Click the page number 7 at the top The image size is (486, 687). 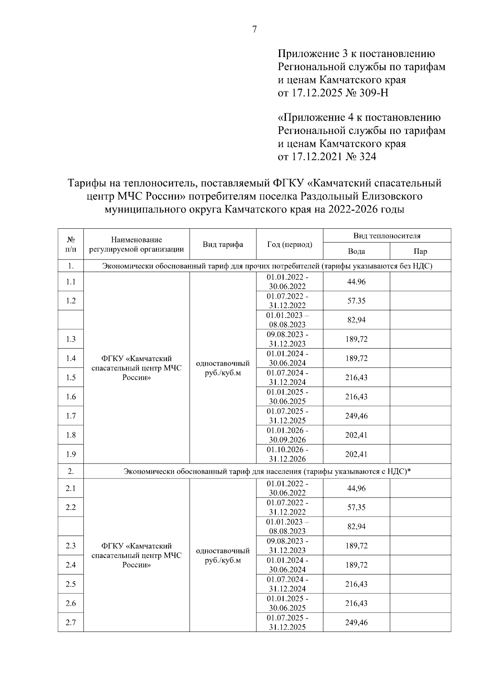tap(254, 29)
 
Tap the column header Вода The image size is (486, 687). tap(356, 251)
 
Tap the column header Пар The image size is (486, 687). tap(420, 251)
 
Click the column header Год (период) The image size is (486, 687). tap(290, 245)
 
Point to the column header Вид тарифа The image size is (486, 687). tap(223, 245)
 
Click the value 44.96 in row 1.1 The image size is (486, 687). tap(356, 282)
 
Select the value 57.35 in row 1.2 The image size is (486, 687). tap(356, 301)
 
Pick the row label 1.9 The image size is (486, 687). tap(71, 454)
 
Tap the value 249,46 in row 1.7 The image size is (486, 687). tap(356, 416)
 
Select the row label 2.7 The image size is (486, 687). tap(71, 623)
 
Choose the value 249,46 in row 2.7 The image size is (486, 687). tap(356, 623)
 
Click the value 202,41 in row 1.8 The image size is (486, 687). tap(356, 435)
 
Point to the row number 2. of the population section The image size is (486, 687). tap(71, 471)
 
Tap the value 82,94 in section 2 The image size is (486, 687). tap(356, 527)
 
